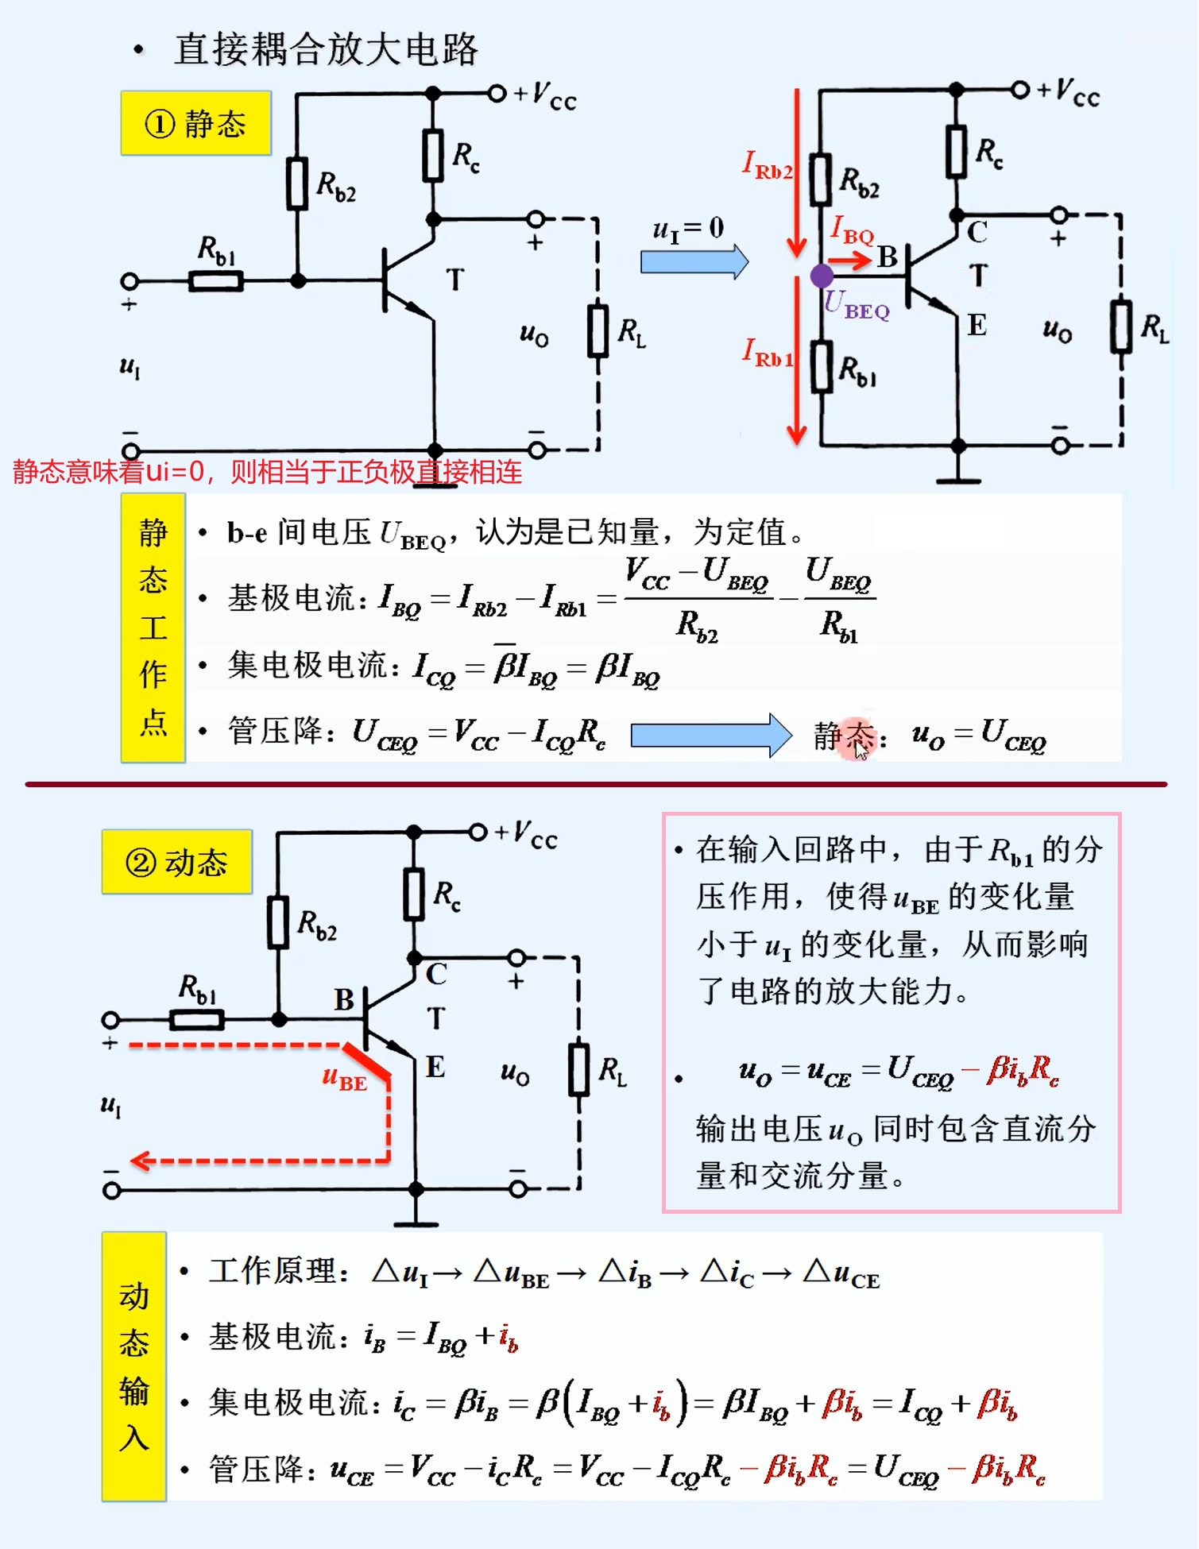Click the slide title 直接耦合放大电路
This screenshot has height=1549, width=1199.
pyautogui.click(x=326, y=49)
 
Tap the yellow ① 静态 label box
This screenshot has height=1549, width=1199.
pyautogui.click(x=195, y=123)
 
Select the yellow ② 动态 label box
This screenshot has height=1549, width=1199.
pyautogui.click(x=176, y=862)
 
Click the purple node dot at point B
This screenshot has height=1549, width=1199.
pyautogui.click(x=822, y=276)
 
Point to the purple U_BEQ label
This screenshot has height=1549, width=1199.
pyautogui.click(x=857, y=305)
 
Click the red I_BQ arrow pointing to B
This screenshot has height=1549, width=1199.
pyautogui.click(x=849, y=260)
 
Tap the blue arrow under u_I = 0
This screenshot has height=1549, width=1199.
pyautogui.click(x=694, y=261)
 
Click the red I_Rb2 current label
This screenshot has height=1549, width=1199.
pyautogui.click(x=767, y=166)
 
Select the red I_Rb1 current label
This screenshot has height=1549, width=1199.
pyautogui.click(x=768, y=353)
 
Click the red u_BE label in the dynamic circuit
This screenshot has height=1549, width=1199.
pyautogui.click(x=345, y=1079)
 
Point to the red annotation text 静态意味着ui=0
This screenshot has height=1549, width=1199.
pyautogui.click(x=267, y=472)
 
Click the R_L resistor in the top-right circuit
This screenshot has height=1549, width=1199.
pyautogui.click(x=1121, y=326)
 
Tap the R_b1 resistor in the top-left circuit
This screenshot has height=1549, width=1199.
pyautogui.click(x=215, y=280)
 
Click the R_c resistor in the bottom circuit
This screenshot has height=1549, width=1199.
pyautogui.click(x=414, y=894)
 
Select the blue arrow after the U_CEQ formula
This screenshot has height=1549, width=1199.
pyautogui.click(x=710, y=735)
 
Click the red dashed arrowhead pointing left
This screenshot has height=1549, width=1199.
pyautogui.click(x=141, y=1161)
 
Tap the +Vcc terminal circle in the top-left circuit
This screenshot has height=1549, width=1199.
pyautogui.click(x=497, y=94)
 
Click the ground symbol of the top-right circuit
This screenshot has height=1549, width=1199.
pyautogui.click(x=958, y=478)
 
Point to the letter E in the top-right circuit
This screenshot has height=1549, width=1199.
pyautogui.click(x=977, y=326)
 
